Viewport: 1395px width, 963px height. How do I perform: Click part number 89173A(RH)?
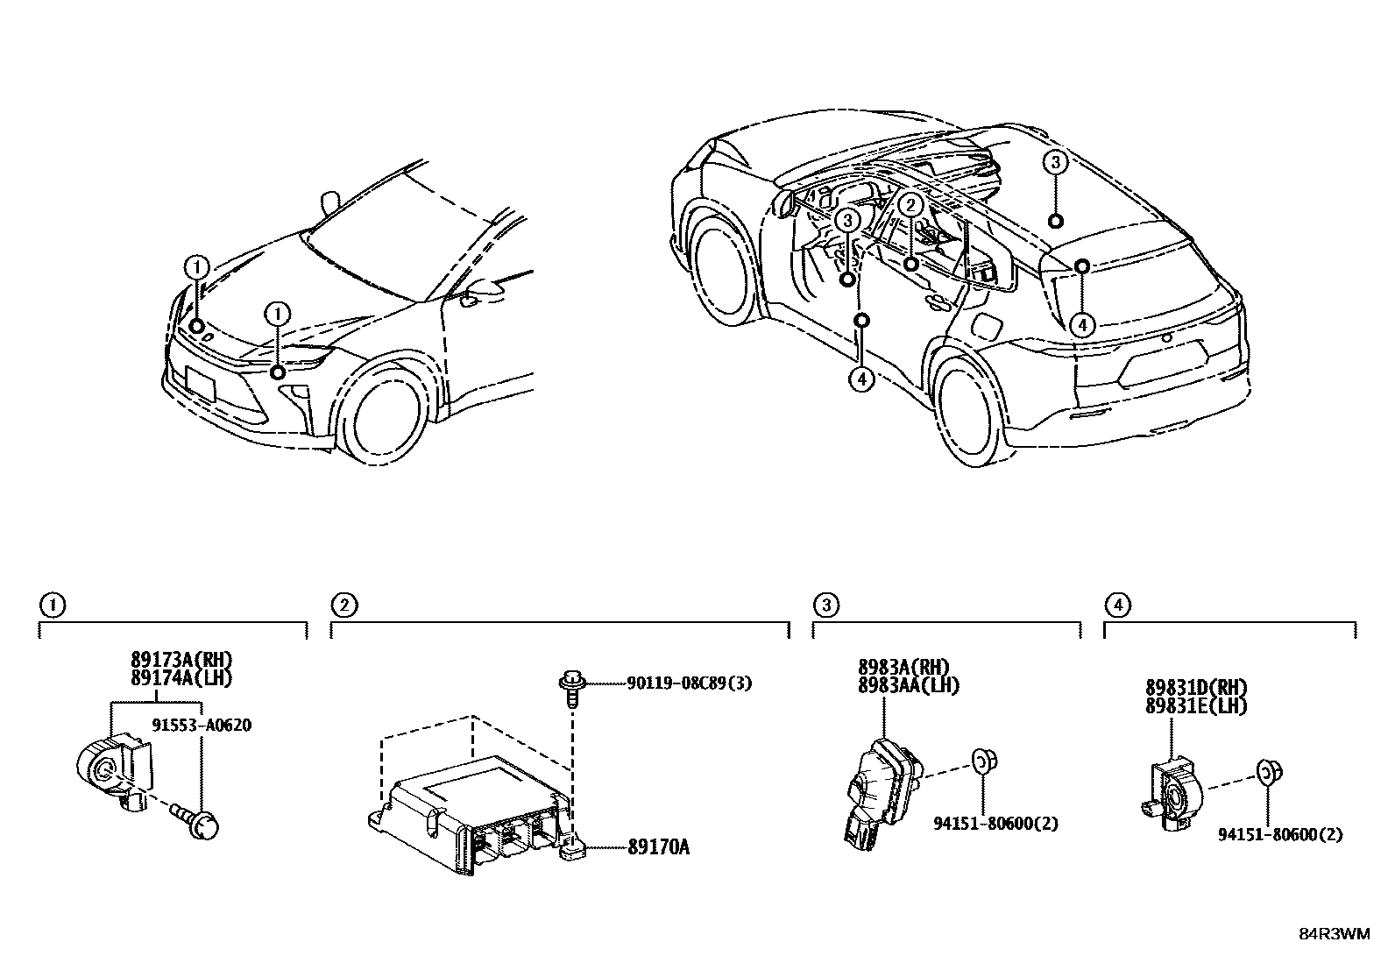181,661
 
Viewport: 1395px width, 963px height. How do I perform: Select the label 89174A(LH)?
181,677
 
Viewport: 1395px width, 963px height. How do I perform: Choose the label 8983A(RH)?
903,668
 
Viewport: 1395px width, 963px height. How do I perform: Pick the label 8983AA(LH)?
908,685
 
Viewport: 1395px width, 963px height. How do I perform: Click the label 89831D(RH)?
1196,688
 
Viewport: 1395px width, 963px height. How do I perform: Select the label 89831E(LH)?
1196,705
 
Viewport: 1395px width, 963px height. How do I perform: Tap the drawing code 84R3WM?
1334,933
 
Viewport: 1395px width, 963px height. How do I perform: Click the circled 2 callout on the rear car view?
910,206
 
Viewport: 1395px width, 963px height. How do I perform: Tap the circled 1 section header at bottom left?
53,605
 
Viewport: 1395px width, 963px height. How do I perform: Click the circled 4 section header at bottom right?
1116,605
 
